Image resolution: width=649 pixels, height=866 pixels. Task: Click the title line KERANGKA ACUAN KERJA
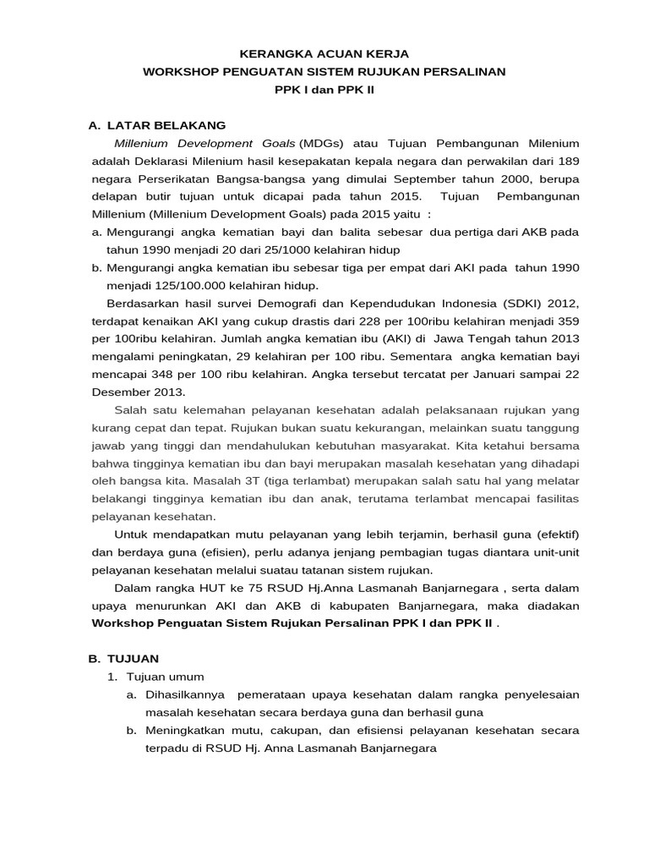324,53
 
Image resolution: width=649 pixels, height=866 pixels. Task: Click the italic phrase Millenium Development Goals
204,144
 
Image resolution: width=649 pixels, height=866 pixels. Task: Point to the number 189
568,162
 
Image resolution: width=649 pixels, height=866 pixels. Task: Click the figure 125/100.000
155,286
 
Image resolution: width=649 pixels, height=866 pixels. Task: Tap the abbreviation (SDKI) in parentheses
503,304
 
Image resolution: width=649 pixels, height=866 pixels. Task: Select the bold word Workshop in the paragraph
122,623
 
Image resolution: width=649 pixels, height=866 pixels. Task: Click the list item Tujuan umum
165,677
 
